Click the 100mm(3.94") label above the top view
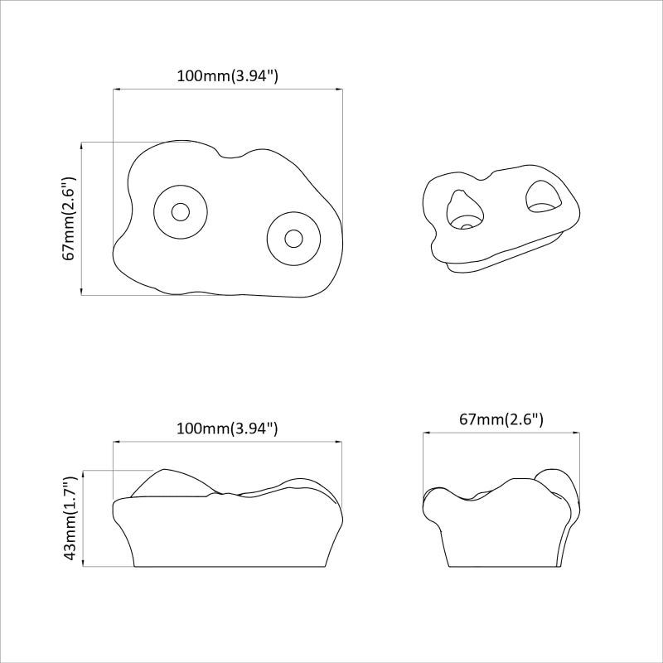(x=227, y=75)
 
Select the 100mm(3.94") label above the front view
(x=227, y=428)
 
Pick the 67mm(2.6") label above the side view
(x=501, y=420)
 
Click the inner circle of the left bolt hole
(x=180, y=211)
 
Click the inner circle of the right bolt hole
(x=293, y=238)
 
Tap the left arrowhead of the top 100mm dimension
(x=116, y=89)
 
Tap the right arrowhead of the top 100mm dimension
(x=339, y=89)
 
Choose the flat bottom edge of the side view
(x=501, y=568)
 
